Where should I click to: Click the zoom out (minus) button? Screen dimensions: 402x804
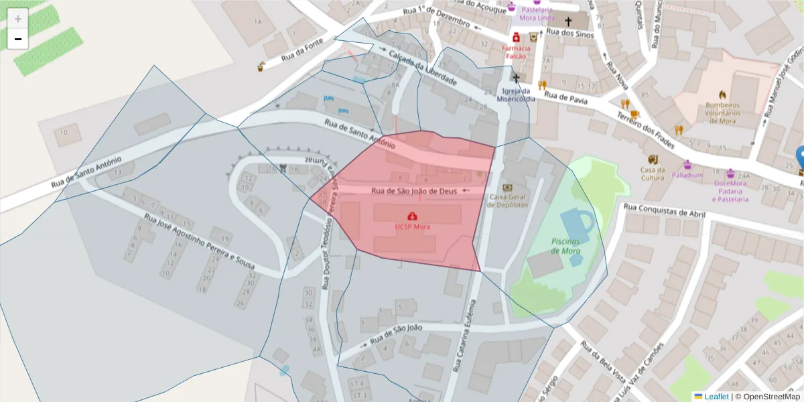tap(17, 40)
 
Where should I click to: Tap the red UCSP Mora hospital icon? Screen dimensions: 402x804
tap(412, 216)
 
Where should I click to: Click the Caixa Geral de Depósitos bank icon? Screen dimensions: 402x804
tap(507, 188)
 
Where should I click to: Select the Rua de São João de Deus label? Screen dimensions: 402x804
tap(414, 191)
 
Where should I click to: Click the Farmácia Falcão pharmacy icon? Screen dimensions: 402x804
tap(516, 38)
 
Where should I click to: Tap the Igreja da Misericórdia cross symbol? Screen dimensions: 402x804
tap(515, 78)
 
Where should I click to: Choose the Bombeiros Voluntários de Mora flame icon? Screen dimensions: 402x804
tap(722, 95)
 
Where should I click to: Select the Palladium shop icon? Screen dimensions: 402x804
tap(687, 165)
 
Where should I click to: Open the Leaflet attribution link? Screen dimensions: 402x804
tap(716, 397)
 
